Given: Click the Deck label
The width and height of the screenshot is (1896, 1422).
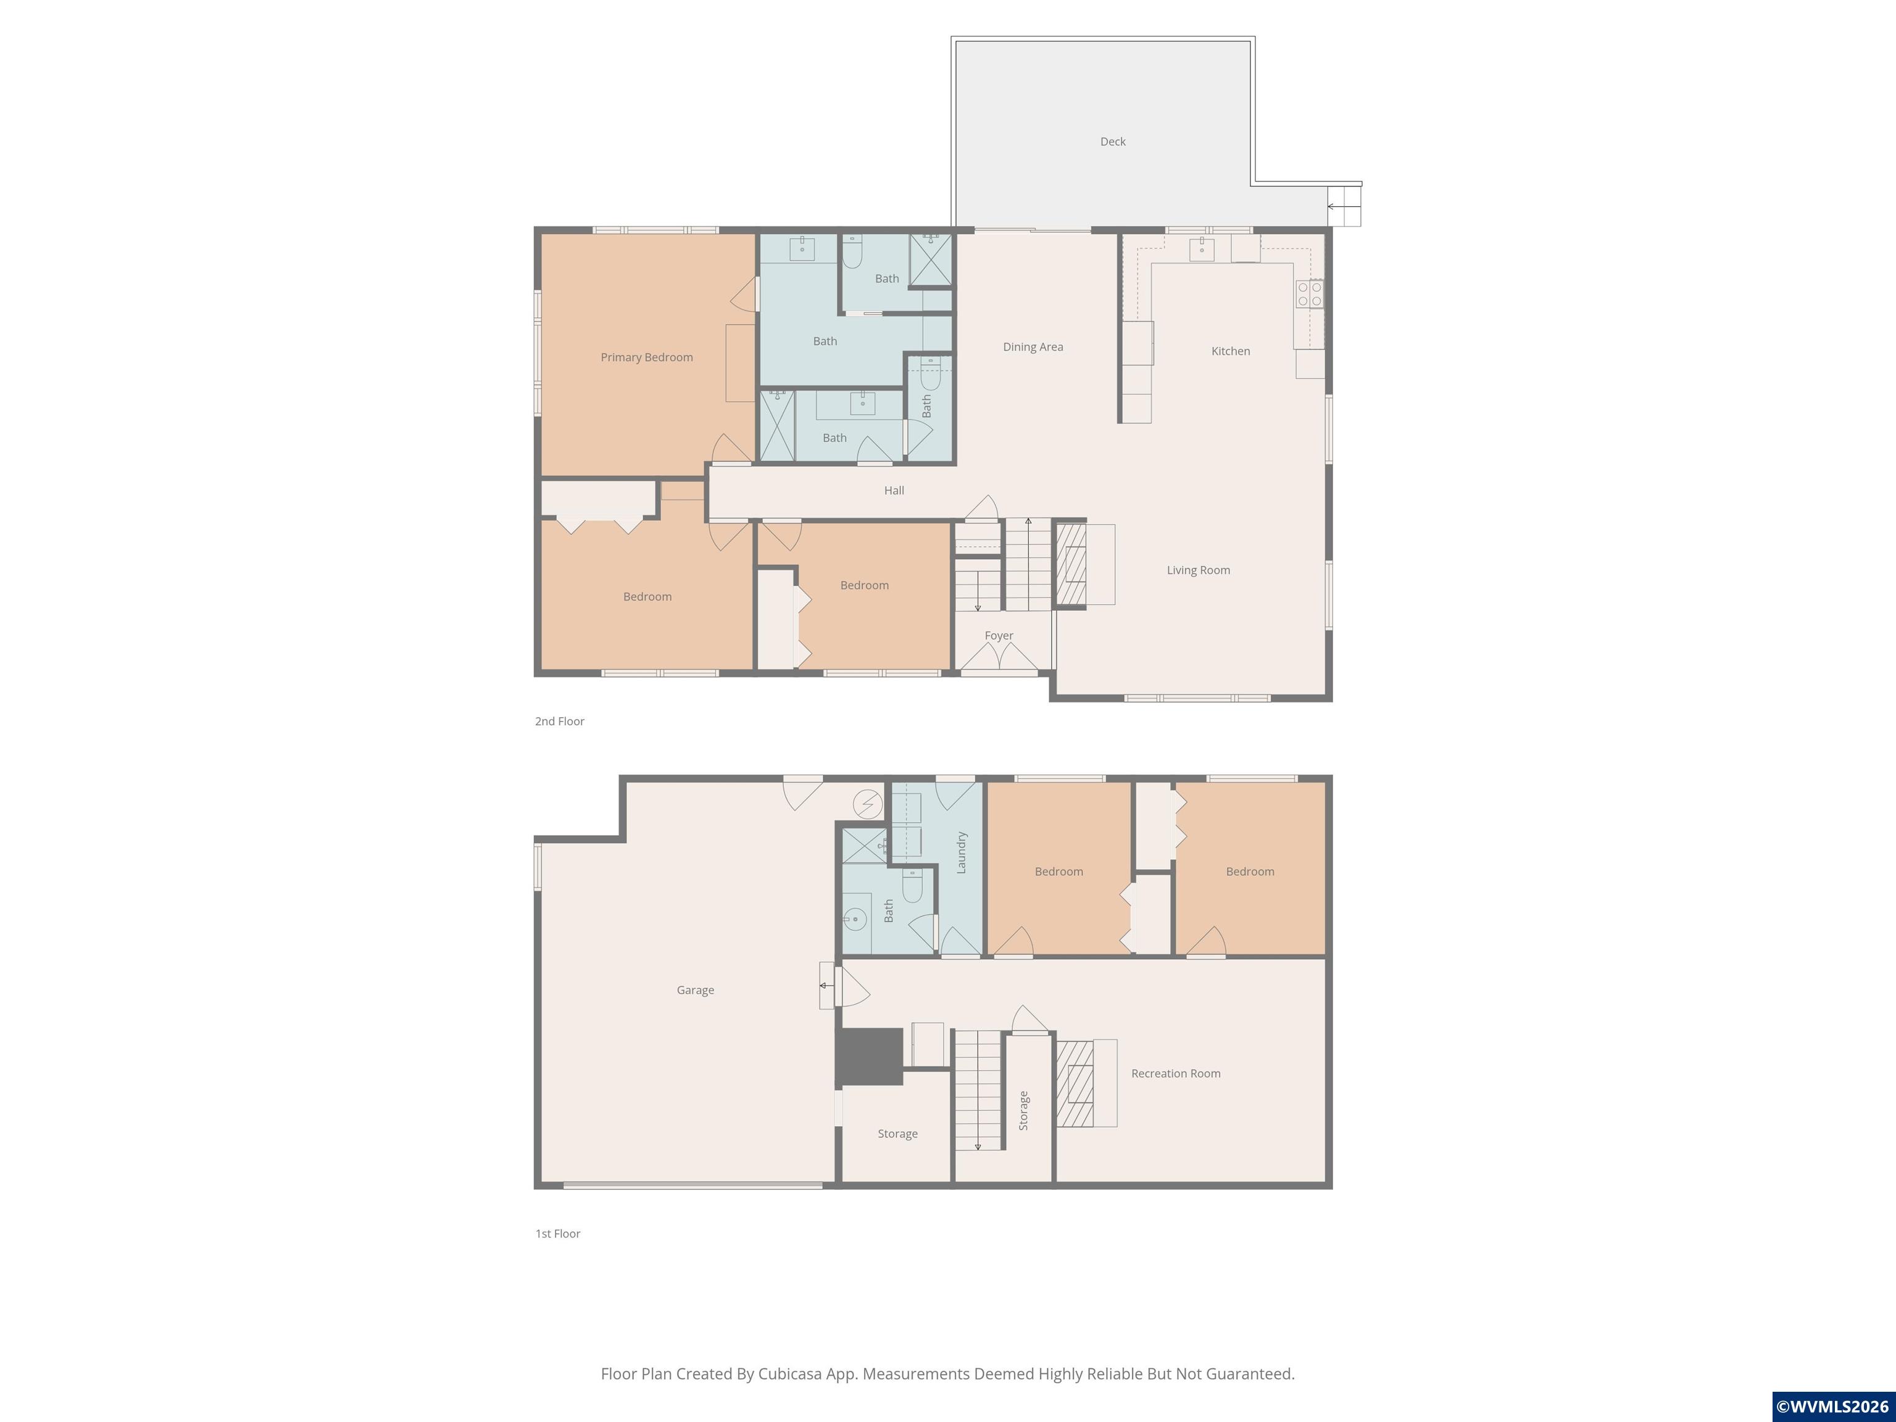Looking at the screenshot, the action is coord(1113,141).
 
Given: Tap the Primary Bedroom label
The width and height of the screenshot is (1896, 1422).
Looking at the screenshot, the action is coord(646,357).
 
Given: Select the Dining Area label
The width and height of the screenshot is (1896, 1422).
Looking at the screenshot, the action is coord(1033,347).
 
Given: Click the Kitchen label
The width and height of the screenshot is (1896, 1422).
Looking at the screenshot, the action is coord(1230,351).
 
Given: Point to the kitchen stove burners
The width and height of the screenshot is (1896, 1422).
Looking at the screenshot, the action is coord(1309,294).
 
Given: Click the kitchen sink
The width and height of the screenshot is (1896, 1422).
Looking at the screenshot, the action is coord(1202,249).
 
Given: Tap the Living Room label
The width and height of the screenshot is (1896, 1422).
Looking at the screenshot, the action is coord(1197,570).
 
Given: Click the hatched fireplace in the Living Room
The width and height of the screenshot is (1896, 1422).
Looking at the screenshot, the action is coord(1071,564).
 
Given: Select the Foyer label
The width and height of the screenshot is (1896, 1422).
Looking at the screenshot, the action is coord(999,635).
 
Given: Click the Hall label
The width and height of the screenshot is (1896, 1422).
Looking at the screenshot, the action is coord(894,490).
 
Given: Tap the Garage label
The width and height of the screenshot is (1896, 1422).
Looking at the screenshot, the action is coord(695,990).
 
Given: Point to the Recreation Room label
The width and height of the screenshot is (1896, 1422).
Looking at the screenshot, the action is coord(1175,1073).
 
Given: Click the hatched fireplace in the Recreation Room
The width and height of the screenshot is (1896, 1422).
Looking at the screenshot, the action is coord(1075,1083).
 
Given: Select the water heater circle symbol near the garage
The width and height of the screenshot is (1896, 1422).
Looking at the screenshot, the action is coord(867,804).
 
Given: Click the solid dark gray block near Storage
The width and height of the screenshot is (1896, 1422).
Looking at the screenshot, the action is coord(869,1056).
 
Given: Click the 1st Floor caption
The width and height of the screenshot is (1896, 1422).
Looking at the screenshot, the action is coord(558,1233).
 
